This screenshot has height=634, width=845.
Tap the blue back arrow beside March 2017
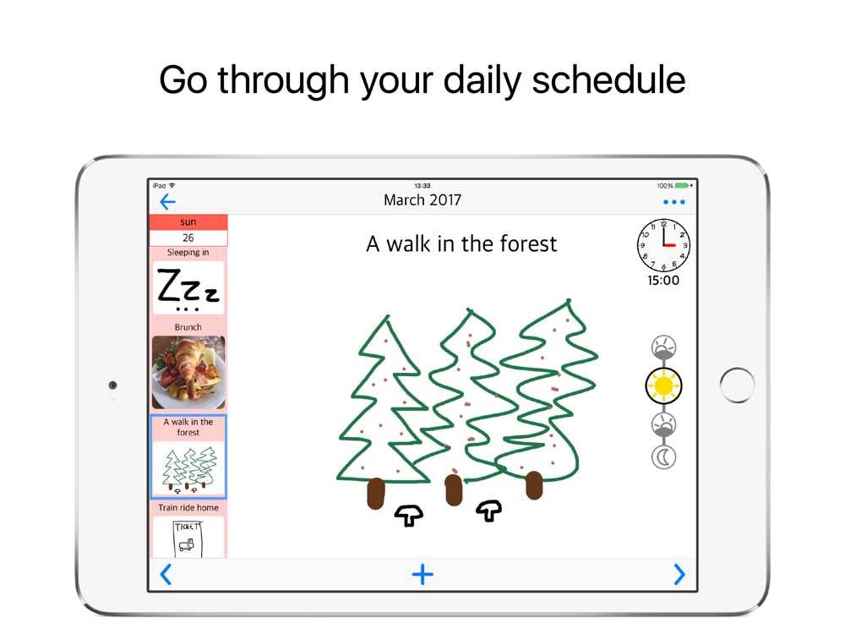click(167, 202)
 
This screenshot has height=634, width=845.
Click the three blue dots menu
click(674, 202)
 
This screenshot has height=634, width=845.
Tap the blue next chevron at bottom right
click(679, 574)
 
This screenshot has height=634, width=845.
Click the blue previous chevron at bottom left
click(166, 574)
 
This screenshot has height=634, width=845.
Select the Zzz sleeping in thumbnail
click(188, 288)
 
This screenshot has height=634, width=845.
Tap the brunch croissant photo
click(188, 373)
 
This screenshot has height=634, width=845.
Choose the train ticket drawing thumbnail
click(188, 538)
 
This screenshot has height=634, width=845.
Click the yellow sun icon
click(663, 386)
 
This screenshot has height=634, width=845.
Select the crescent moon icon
click(663, 457)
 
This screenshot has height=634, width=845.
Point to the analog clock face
click(663, 245)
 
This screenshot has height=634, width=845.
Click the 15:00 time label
click(663, 281)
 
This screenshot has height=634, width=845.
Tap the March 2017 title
click(422, 200)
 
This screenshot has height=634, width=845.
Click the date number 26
click(188, 238)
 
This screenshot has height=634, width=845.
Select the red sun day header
click(188, 222)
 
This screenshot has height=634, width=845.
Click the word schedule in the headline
click(609, 79)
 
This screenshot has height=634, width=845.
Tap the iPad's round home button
click(737, 385)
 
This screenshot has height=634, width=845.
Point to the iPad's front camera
click(112, 385)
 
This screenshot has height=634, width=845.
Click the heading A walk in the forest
click(461, 243)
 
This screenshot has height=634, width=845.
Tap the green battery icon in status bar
click(682, 185)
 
